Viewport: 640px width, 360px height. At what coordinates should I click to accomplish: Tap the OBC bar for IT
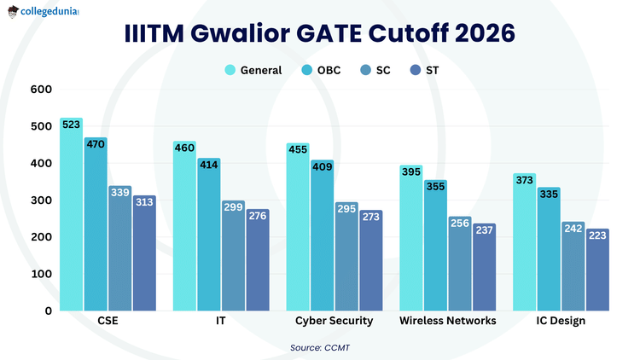(209, 235)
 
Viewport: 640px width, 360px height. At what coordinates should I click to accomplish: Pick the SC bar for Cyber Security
(346, 256)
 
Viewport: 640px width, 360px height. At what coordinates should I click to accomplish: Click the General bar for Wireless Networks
(411, 238)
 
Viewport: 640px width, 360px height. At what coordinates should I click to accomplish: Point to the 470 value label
(96, 144)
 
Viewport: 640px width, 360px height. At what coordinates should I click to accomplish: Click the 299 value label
(233, 207)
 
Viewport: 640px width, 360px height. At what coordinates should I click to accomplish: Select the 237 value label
(485, 229)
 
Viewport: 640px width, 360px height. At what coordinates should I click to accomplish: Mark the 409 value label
(323, 166)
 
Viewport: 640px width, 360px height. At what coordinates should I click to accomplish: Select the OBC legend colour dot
(307, 70)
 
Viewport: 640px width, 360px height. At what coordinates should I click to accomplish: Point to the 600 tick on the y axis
(41, 90)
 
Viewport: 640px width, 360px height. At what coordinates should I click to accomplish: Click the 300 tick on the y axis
(41, 200)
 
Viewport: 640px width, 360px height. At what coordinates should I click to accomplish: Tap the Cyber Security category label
(334, 321)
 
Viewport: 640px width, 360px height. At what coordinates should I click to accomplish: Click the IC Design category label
(561, 321)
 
